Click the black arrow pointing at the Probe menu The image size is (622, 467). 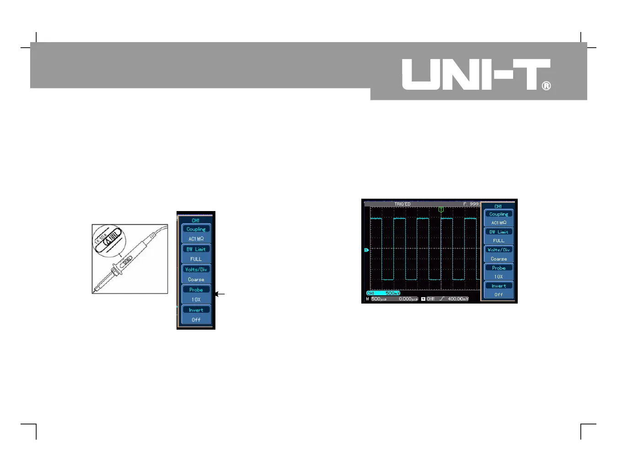pos(220,294)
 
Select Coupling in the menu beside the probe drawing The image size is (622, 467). pos(196,229)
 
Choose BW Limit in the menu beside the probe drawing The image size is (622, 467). pos(196,249)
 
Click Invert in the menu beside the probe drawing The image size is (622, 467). pos(196,310)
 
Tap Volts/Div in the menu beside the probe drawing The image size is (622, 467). pos(196,269)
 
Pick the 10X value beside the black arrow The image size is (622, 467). pos(196,299)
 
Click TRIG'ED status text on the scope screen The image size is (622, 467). pos(402,204)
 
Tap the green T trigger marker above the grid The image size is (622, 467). pos(441,209)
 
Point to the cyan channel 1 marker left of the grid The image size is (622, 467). pos(366,250)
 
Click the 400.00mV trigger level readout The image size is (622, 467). pos(458,299)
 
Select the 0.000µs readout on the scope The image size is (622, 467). pos(408,299)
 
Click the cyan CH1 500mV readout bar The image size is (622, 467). pos(383,293)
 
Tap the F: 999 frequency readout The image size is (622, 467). pos(471,204)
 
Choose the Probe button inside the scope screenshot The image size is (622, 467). pos(499,268)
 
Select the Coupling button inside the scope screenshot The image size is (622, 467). pos(499,214)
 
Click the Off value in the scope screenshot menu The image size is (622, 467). pos(499,295)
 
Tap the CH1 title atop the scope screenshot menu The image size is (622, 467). pos(498,206)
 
